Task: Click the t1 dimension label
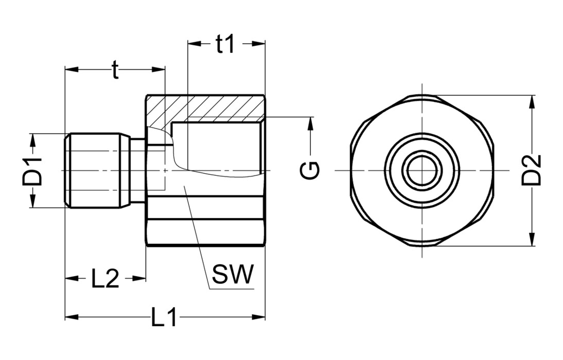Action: [225, 45]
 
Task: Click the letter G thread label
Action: [310, 169]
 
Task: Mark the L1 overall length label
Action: [164, 317]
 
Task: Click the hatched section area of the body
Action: [206, 107]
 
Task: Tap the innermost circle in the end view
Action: [422, 170]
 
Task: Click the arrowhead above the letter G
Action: [310, 123]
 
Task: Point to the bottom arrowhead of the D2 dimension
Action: [532, 240]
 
